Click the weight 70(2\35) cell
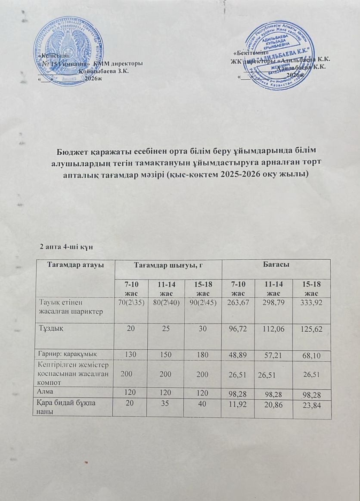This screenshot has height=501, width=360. pos(129,302)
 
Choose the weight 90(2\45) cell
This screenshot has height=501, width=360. pos(202,302)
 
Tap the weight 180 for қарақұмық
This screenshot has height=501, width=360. pos(202,353)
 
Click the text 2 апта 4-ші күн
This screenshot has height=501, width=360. pos(65,246)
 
